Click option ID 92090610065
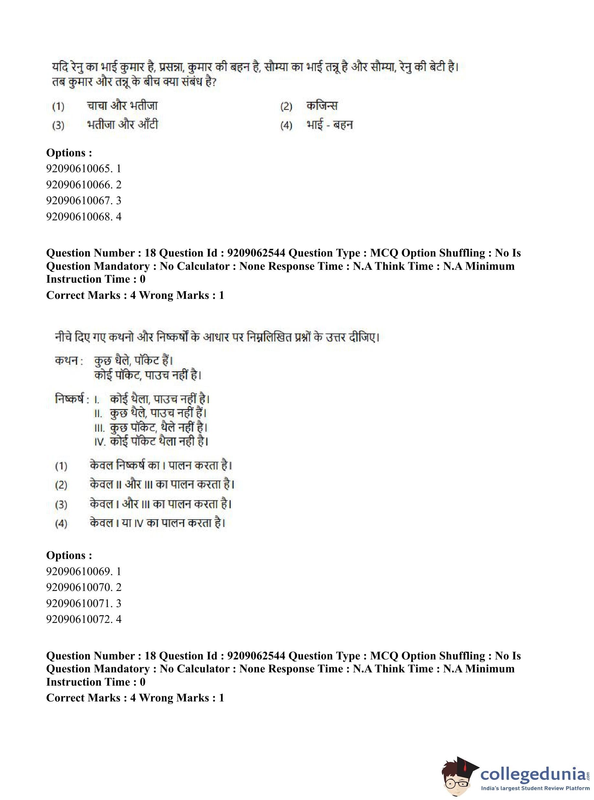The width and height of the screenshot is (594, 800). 83,168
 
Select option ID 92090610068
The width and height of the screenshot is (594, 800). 83,216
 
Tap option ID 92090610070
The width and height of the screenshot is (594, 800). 83,587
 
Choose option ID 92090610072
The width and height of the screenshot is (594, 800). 83,619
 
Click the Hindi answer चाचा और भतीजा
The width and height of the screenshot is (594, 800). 122,106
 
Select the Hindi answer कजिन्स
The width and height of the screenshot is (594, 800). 322,106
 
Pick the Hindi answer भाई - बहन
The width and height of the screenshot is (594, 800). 329,125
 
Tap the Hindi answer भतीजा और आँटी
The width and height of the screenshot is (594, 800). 122,125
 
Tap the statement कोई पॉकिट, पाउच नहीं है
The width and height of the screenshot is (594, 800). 148,375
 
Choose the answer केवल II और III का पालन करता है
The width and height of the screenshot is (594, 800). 162,485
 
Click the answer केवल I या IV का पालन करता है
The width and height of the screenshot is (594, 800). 158,523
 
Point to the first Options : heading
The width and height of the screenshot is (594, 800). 69,153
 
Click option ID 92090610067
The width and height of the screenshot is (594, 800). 83,200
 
